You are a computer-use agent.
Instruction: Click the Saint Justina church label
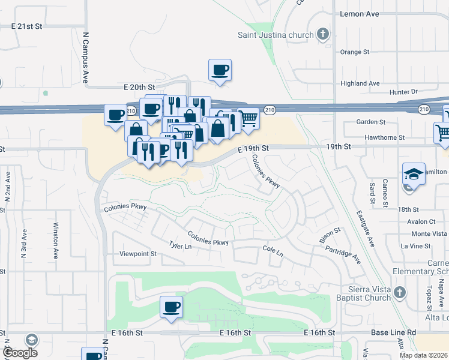pyautogui.click(x=275, y=35)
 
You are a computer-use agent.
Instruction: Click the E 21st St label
pyautogui.click(x=28, y=26)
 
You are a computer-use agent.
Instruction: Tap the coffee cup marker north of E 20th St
pyautogui.click(x=220, y=70)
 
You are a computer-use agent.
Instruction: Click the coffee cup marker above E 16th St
pyautogui.click(x=171, y=308)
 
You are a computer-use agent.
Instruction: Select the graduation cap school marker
pyautogui.click(x=414, y=173)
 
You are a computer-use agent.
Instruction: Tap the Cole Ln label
pyautogui.click(x=273, y=250)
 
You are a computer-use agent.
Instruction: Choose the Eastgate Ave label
pyautogui.click(x=364, y=227)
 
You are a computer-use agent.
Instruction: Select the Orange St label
pyautogui.click(x=355, y=52)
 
